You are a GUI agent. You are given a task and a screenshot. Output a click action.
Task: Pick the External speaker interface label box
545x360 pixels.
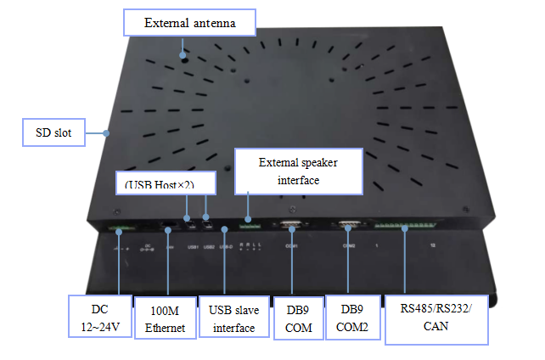pyautogui.click(x=297, y=170)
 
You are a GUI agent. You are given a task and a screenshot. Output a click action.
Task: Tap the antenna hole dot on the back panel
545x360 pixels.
pyautogui.click(x=183, y=55)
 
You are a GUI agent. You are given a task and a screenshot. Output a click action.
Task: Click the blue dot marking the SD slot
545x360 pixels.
pyautogui.click(x=106, y=133)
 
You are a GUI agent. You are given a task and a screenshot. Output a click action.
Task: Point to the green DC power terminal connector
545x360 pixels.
pyautogui.click(x=118, y=228)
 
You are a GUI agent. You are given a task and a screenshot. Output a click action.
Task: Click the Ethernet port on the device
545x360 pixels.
pyautogui.click(x=168, y=227)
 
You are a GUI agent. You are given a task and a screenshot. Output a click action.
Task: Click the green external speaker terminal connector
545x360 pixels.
pyautogui.click(x=248, y=228)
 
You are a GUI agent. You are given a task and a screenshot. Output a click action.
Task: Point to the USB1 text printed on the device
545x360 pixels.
pyautogui.click(x=192, y=246)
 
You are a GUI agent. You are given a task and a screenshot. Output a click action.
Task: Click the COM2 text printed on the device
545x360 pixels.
pyautogui.click(x=348, y=246)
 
